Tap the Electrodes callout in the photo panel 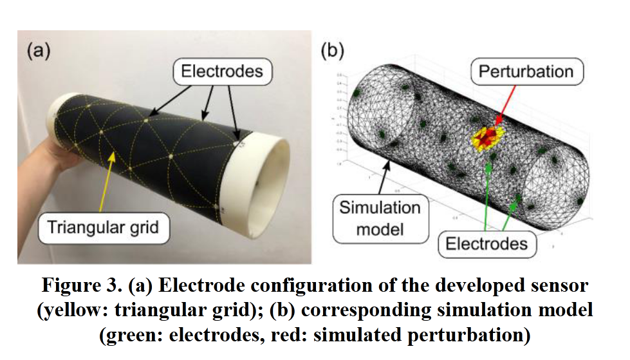tap(221, 71)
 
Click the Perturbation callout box tap(526, 71)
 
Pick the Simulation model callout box tap(379, 216)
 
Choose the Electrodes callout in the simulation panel tap(487, 243)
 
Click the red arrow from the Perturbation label tap(505, 104)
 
